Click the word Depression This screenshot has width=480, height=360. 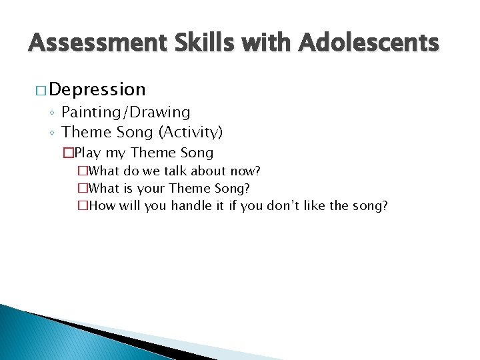click(97, 89)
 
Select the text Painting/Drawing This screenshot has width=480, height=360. click(126, 112)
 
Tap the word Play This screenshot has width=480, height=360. click(87, 153)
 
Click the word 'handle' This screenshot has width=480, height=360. click(191, 205)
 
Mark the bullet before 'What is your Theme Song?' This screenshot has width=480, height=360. click(82, 189)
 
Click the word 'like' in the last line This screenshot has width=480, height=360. click(324, 205)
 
